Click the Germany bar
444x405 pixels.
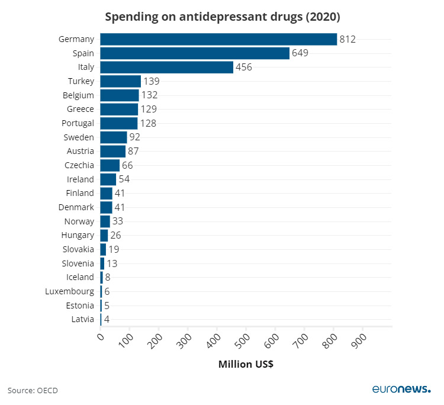pyautogui.click(x=218, y=39)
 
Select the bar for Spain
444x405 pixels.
pyautogui.click(x=195, y=53)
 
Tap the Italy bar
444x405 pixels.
pyautogui.click(x=166, y=67)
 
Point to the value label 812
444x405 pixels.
pyautogui.click(x=348, y=39)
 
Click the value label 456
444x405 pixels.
pyautogui.click(x=244, y=67)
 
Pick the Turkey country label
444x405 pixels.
pyautogui.click(x=81, y=81)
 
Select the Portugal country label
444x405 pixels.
pyautogui.click(x=78, y=123)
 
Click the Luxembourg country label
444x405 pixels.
pyautogui.click(x=70, y=291)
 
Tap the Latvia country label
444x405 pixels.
pyautogui.click(x=82, y=319)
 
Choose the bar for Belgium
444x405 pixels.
pyautogui.click(x=120, y=95)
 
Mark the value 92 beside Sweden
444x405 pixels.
pyautogui.click(x=135, y=137)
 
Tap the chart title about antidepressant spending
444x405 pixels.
pyautogui.click(x=223, y=17)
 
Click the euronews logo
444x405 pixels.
pyautogui.click(x=401, y=388)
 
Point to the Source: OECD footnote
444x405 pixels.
pyautogui.click(x=33, y=390)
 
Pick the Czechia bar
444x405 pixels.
pyautogui.click(x=110, y=165)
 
